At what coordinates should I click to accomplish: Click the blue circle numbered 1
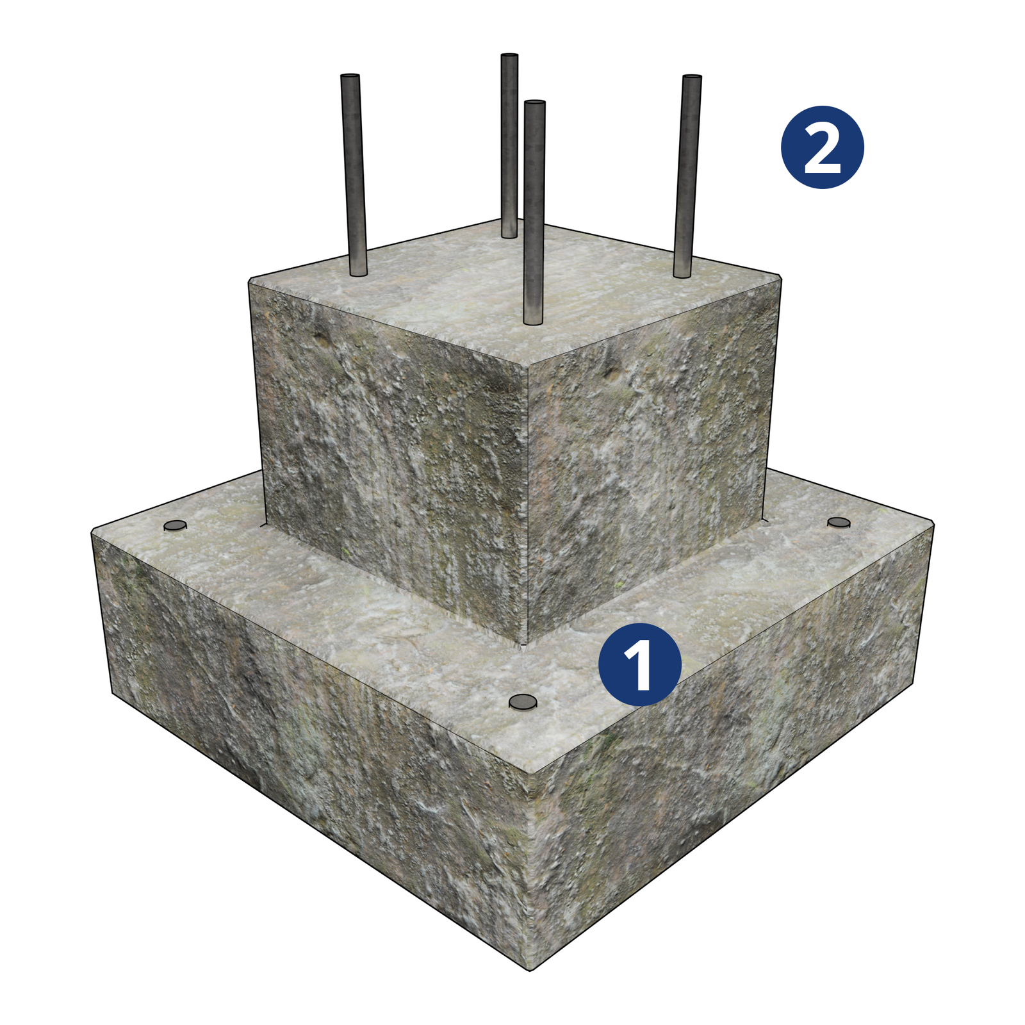pyautogui.click(x=640, y=664)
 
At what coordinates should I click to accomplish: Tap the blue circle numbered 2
pyautogui.click(x=823, y=147)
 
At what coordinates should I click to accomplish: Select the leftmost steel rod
pyautogui.click(x=354, y=175)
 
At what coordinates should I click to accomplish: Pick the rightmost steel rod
pyautogui.click(x=687, y=176)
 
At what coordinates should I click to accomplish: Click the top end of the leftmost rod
pyautogui.click(x=350, y=76)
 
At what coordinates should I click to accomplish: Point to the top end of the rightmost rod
pyautogui.click(x=692, y=77)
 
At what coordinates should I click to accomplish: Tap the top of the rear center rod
pyautogui.click(x=509, y=56)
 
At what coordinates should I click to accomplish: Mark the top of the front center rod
pyautogui.click(x=534, y=102)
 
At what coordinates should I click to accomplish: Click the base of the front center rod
pyautogui.click(x=533, y=322)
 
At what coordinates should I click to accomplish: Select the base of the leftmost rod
pyautogui.click(x=359, y=274)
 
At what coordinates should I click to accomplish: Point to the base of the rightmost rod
pyautogui.click(x=682, y=275)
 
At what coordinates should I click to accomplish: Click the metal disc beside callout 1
pyautogui.click(x=523, y=702)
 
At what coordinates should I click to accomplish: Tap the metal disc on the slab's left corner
pyautogui.click(x=175, y=525)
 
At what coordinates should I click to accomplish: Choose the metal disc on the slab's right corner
pyautogui.click(x=839, y=523)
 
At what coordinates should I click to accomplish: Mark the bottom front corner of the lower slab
pyautogui.click(x=530, y=969)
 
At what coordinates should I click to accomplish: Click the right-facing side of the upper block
pyautogui.click(x=650, y=455)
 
